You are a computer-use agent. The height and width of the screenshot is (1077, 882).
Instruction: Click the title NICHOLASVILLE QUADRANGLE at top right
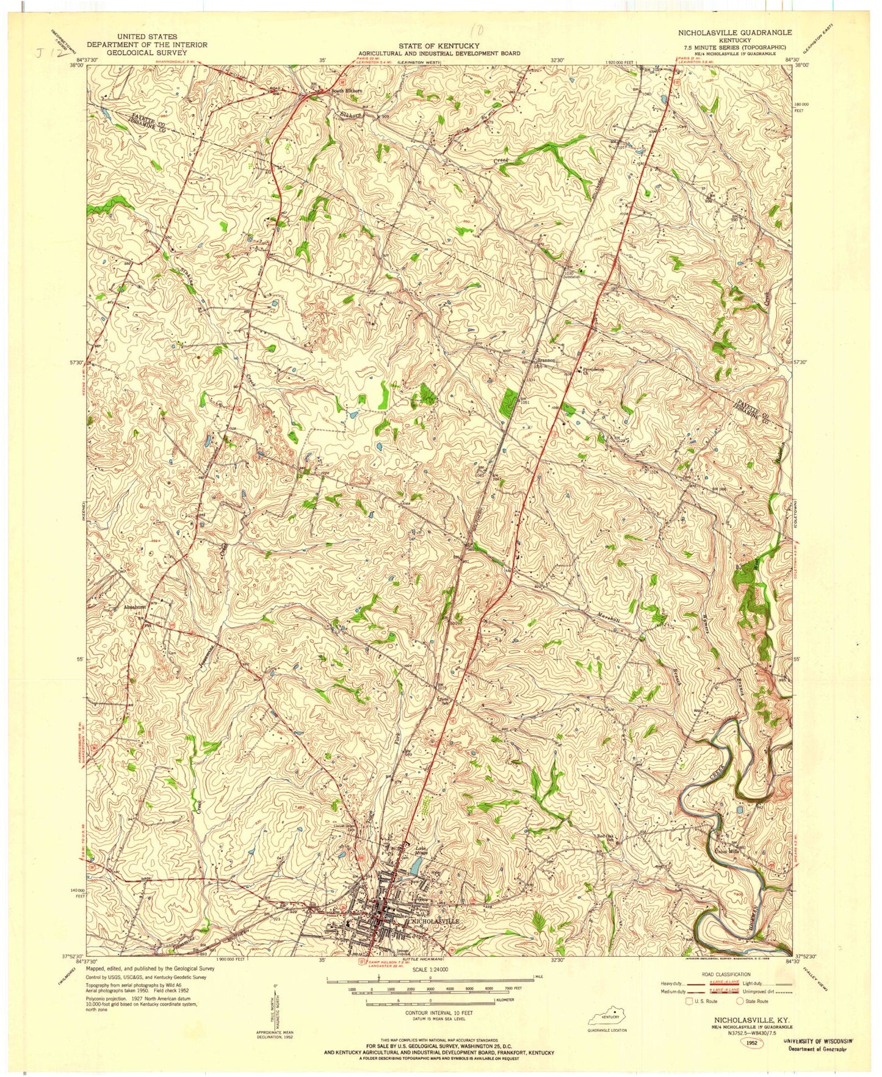click(735, 32)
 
